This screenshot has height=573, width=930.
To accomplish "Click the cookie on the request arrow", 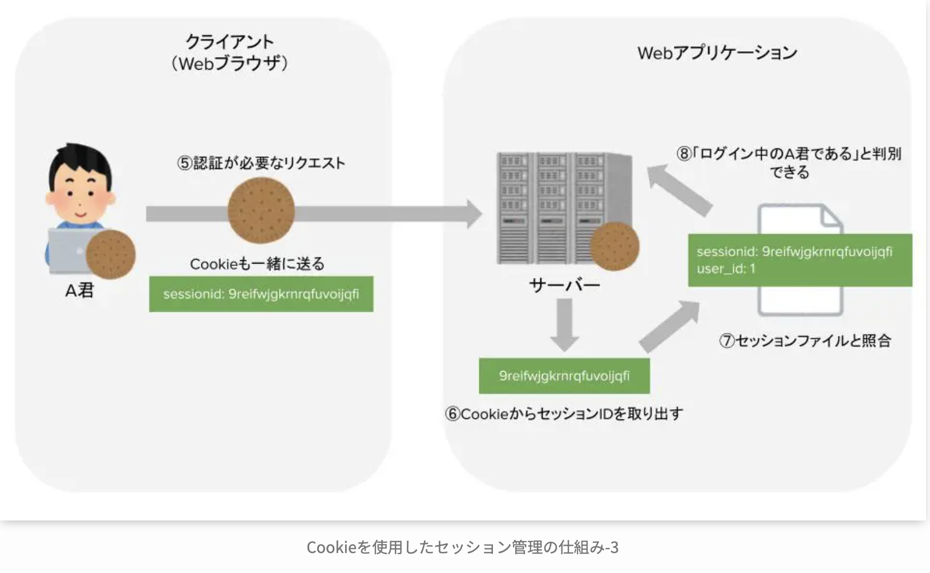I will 261,211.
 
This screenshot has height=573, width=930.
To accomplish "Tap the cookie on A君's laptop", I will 111,255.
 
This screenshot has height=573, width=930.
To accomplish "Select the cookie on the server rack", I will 614,246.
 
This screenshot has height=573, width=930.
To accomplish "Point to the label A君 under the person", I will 79,290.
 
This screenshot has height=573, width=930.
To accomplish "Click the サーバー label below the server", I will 564,285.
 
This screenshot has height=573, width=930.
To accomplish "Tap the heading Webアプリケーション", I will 717,53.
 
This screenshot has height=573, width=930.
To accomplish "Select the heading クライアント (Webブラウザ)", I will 229,52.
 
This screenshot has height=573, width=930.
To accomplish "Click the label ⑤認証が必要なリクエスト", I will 261,163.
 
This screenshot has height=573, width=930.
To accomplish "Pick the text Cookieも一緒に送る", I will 257,264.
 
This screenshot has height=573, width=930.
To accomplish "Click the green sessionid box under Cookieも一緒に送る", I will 261,294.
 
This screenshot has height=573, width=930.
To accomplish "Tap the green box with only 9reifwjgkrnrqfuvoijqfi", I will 564,376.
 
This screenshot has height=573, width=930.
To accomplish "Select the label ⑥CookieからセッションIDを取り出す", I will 564,414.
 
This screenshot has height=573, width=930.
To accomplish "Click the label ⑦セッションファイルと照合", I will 804,341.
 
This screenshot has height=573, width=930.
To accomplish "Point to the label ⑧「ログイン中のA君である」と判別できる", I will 789,162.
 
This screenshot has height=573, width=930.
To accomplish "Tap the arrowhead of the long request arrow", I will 474,214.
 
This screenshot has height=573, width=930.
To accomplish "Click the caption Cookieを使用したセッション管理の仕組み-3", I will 462,547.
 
